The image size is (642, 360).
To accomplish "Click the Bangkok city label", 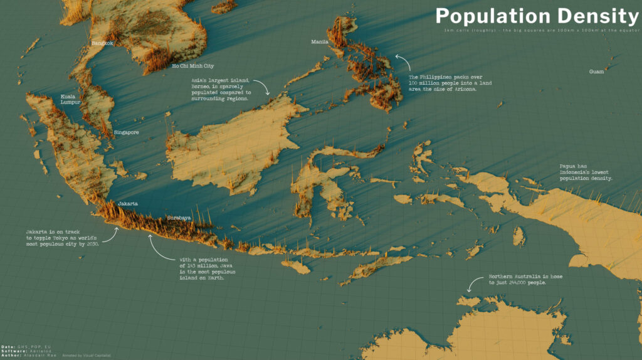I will [102, 43].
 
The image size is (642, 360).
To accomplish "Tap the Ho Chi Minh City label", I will [193, 66].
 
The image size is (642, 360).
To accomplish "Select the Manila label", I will [320, 42].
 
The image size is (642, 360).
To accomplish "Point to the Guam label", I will [597, 71].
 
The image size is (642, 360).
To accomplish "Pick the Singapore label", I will [126, 132].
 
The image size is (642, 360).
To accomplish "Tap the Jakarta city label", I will [128, 204].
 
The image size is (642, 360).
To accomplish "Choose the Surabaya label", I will [179, 218].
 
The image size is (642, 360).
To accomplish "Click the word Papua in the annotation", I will [569, 166].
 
